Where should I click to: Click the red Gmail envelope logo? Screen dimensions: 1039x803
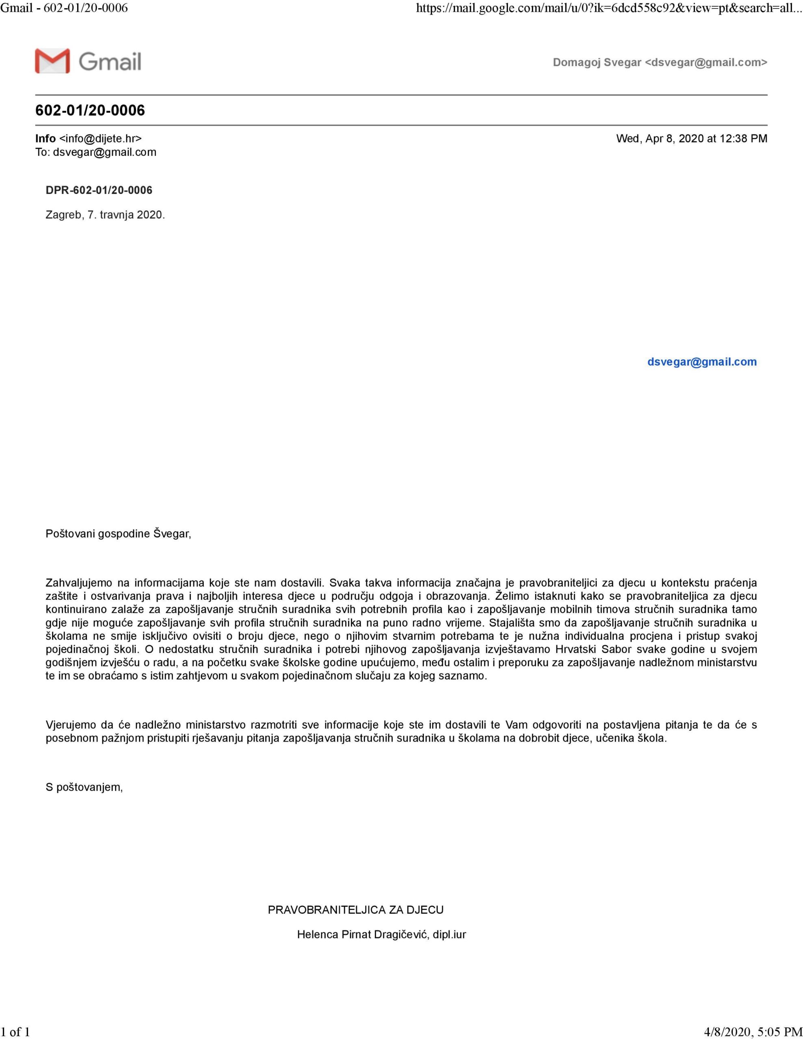click(52, 61)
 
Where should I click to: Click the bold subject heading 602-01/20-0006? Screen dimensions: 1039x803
click(90, 110)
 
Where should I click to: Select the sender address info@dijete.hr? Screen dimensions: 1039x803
click(100, 138)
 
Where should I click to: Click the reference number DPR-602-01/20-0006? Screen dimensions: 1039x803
click(99, 190)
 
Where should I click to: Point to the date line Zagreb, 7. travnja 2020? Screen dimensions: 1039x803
click(105, 215)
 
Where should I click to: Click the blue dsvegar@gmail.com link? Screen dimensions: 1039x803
click(702, 362)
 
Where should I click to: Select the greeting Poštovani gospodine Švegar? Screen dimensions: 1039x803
click(118, 533)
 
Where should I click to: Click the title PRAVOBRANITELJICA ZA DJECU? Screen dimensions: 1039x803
click(356, 910)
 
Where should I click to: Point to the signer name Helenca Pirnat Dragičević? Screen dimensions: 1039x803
click(364, 935)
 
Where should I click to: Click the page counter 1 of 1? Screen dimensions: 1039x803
click(16, 1031)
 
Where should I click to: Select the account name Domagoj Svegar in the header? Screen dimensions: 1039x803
click(596, 63)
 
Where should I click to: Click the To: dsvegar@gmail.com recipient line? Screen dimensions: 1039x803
click(96, 152)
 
